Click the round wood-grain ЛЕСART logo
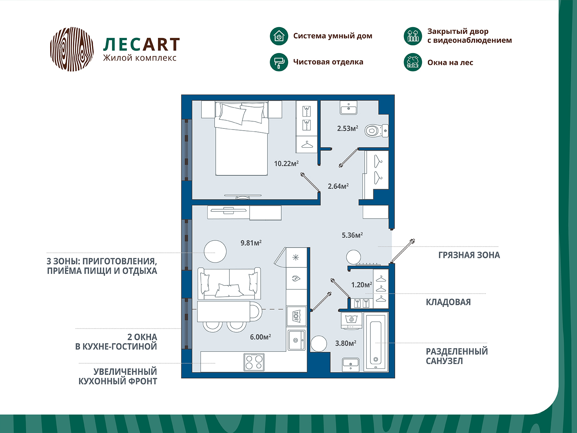click(72, 49)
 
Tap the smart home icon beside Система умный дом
click(279, 36)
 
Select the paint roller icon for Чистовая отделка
click(279, 62)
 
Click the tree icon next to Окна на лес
click(413, 62)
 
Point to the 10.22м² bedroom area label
click(286, 163)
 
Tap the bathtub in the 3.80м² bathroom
click(376, 342)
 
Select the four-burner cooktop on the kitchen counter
click(254, 362)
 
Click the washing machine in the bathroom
click(352, 320)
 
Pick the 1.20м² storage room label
click(362, 285)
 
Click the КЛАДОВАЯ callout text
click(448, 302)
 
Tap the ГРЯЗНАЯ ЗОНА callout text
click(469, 255)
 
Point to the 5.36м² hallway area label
click(352, 235)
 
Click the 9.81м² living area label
click(251, 242)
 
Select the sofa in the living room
click(229, 283)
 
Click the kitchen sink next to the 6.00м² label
click(296, 340)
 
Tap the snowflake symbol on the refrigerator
click(296, 257)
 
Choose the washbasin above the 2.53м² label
click(349, 108)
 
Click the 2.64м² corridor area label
click(338, 186)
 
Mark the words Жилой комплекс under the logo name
click(140, 58)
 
